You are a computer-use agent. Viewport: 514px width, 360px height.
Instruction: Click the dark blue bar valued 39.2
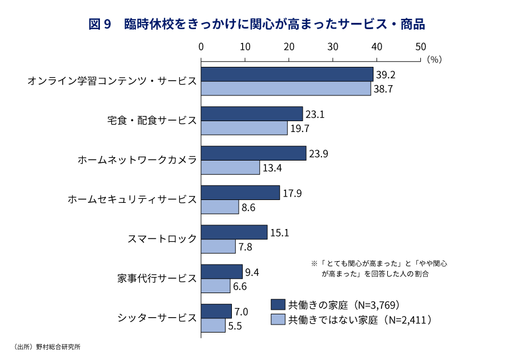tap(287, 74)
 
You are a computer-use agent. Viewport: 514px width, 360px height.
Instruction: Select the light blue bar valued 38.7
tap(286, 89)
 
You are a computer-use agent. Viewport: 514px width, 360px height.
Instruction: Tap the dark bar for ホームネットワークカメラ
tap(253, 153)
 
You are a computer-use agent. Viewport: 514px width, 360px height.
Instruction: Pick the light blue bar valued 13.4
tap(230, 167)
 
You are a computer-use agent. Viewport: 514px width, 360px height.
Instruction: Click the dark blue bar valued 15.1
tap(234, 232)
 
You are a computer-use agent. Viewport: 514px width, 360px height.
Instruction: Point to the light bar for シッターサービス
tap(213, 325)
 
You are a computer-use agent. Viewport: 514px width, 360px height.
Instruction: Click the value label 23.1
tap(316, 114)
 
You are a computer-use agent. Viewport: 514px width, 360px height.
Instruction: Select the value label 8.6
tap(248, 207)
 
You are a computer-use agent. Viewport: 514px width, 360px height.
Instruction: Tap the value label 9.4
tap(252, 272)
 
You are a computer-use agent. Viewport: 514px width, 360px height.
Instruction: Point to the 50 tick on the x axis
tap(420, 46)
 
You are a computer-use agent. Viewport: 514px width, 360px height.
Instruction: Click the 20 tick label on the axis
tap(289, 46)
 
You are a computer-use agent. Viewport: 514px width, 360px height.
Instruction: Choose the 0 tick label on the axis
tap(201, 46)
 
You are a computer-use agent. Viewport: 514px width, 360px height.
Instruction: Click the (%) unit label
tap(434, 59)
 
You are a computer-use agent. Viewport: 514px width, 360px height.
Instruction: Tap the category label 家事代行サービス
tap(157, 278)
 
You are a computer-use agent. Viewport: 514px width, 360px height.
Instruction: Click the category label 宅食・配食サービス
tap(152, 121)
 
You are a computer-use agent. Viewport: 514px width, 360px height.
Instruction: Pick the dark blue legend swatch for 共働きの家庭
tap(278, 304)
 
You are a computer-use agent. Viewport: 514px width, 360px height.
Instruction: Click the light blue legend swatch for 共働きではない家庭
tap(278, 319)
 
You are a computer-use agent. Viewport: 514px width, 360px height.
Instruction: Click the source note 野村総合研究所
tap(58, 347)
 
